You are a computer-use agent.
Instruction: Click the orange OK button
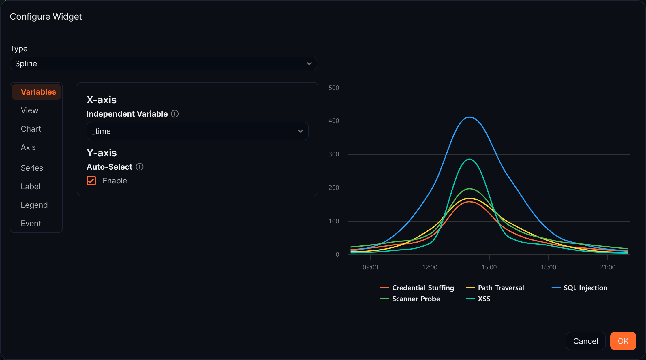click(x=623, y=341)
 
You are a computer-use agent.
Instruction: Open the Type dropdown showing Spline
click(x=164, y=63)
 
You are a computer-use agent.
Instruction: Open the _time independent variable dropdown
click(x=198, y=131)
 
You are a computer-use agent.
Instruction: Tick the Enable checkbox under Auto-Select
click(x=91, y=181)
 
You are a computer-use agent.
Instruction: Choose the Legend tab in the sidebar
click(x=34, y=205)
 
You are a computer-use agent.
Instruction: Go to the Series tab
click(x=32, y=168)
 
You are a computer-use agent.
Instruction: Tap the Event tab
click(x=31, y=223)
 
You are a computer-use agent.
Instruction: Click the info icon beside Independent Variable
click(x=175, y=114)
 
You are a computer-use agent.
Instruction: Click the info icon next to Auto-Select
click(x=140, y=167)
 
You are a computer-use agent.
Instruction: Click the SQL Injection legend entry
click(x=579, y=288)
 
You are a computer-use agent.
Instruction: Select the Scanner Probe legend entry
click(x=410, y=299)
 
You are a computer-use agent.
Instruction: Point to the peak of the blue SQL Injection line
click(x=470, y=117)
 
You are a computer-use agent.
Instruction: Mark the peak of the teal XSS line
click(x=470, y=159)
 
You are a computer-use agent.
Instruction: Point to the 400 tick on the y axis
click(x=334, y=121)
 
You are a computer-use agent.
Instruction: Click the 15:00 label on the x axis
click(x=489, y=267)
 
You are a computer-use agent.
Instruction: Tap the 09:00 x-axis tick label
click(x=370, y=267)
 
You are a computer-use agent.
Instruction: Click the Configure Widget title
click(x=46, y=16)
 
